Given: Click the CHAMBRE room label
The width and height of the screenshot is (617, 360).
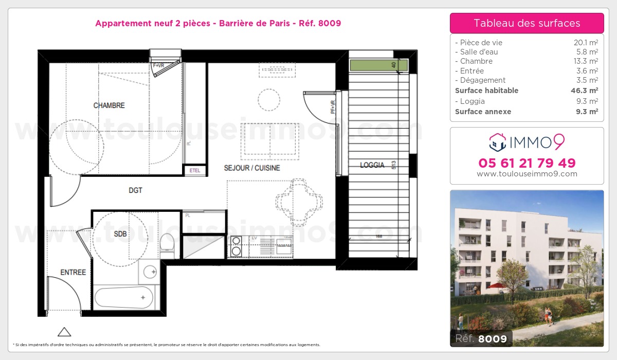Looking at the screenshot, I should (109, 105).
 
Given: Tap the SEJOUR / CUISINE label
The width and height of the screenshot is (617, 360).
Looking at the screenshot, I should (252, 168).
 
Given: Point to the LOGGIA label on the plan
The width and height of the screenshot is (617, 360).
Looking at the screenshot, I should (372, 165).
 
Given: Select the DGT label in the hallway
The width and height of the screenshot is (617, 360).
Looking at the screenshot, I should (135, 190).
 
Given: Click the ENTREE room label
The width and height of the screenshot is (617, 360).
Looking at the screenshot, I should (73, 272).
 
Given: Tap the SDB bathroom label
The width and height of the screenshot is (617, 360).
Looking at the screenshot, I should (120, 234).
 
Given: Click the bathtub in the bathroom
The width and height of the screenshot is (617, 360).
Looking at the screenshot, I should (124, 297).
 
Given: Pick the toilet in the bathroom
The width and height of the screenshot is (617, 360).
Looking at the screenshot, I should (168, 245).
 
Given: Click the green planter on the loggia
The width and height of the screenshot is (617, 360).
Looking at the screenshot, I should (378, 65).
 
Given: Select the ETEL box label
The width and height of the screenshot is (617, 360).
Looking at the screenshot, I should (195, 170).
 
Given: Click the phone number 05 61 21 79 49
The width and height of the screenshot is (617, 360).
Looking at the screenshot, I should (527, 163).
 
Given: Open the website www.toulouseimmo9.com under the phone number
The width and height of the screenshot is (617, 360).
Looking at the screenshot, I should (527, 174).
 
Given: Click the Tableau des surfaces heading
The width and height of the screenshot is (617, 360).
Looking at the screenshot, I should (527, 23).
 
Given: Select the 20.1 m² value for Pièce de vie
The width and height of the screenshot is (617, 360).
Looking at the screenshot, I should (587, 43).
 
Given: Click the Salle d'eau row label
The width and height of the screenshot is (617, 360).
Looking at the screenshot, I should (479, 52).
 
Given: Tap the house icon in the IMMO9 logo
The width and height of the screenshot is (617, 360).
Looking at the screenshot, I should (497, 142).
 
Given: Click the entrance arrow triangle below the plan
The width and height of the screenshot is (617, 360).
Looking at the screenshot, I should (64, 332).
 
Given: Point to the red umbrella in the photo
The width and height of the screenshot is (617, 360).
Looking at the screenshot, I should (496, 285).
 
